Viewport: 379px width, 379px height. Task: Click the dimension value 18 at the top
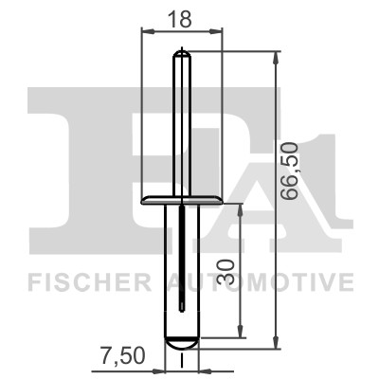(x=179, y=19)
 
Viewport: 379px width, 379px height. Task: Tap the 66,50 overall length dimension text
(x=290, y=171)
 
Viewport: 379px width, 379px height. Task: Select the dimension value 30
(x=226, y=272)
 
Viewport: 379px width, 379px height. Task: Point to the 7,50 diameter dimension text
(x=122, y=355)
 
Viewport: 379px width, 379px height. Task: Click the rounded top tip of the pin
(x=182, y=54)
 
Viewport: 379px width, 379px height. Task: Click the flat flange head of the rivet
(x=182, y=200)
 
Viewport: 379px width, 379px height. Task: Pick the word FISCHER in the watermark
(x=89, y=282)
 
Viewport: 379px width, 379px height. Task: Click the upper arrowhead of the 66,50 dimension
(x=277, y=58)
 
